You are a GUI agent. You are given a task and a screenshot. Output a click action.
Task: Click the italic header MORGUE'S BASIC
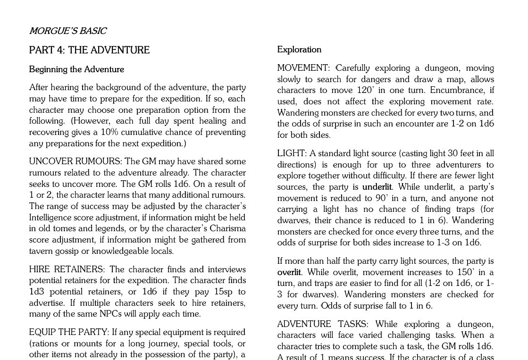[68, 31]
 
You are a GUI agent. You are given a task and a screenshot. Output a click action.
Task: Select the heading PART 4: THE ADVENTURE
[89, 50]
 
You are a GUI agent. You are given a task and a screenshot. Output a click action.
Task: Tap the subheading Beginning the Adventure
[76, 69]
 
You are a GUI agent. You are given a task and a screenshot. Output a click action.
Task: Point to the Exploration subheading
[299, 50]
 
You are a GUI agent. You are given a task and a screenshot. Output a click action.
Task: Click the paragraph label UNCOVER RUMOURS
[75, 161]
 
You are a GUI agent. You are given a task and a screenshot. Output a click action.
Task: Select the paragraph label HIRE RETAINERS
[67, 269]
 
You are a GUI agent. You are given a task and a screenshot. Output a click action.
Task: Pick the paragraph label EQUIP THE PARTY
[69, 332]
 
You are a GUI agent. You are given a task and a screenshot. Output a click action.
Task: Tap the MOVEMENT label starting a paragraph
[302, 68]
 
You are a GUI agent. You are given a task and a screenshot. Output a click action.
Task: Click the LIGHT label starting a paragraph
[291, 153]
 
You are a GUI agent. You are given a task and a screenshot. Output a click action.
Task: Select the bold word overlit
[289, 272]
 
